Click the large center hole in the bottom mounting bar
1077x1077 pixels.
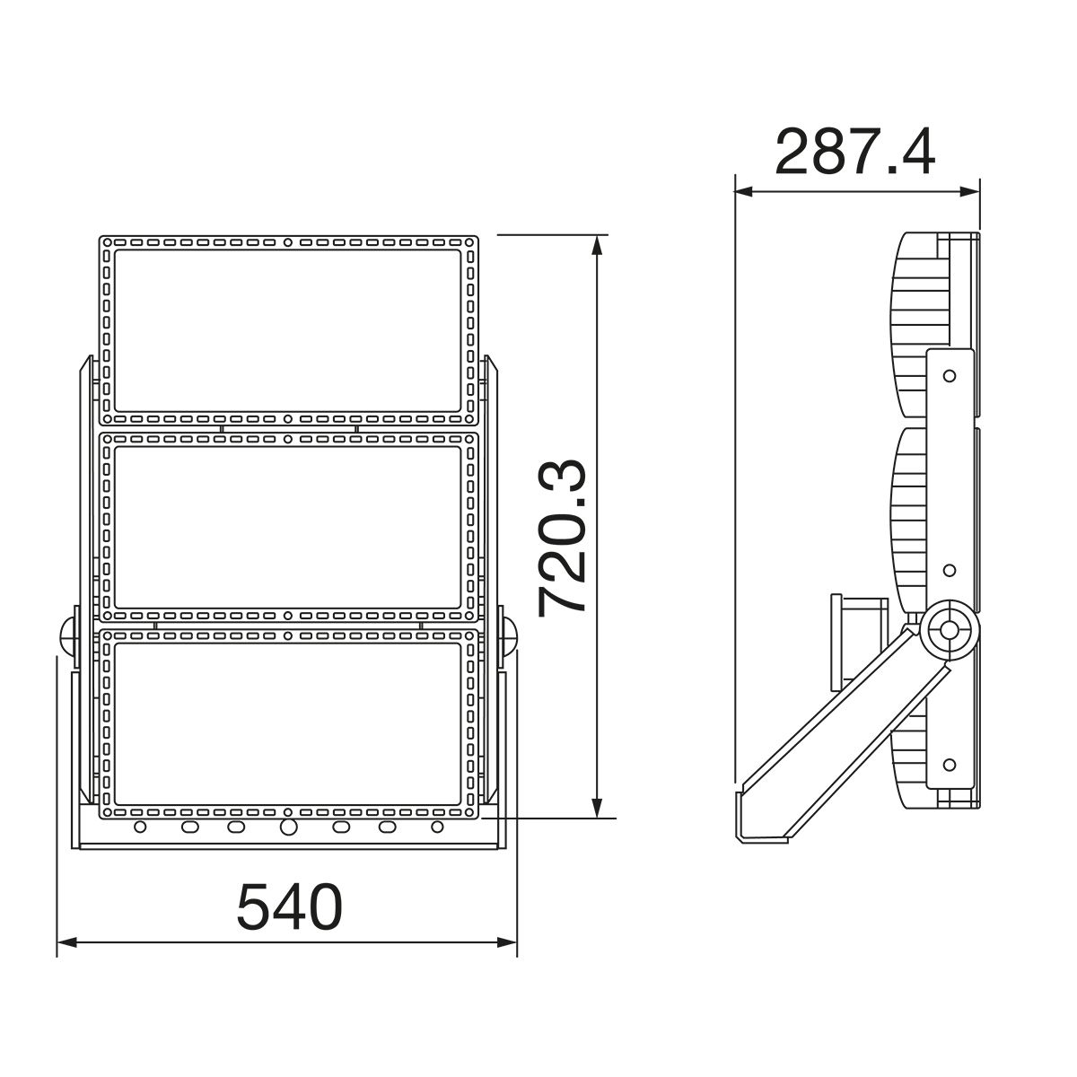pyautogui.click(x=288, y=827)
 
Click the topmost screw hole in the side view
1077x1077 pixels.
pyautogui.click(x=949, y=374)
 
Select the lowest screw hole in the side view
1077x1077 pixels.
pyautogui.click(x=949, y=764)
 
